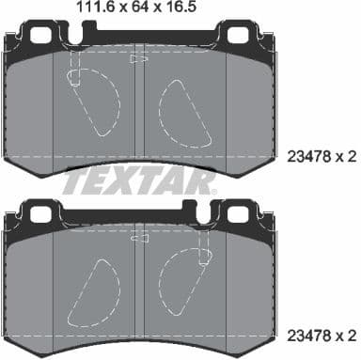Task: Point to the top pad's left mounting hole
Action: pos(43,39)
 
